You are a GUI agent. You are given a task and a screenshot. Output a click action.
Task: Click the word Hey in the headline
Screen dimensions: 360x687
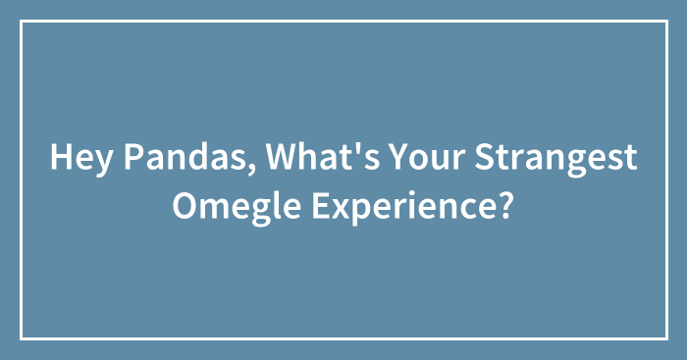[x=78, y=159]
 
